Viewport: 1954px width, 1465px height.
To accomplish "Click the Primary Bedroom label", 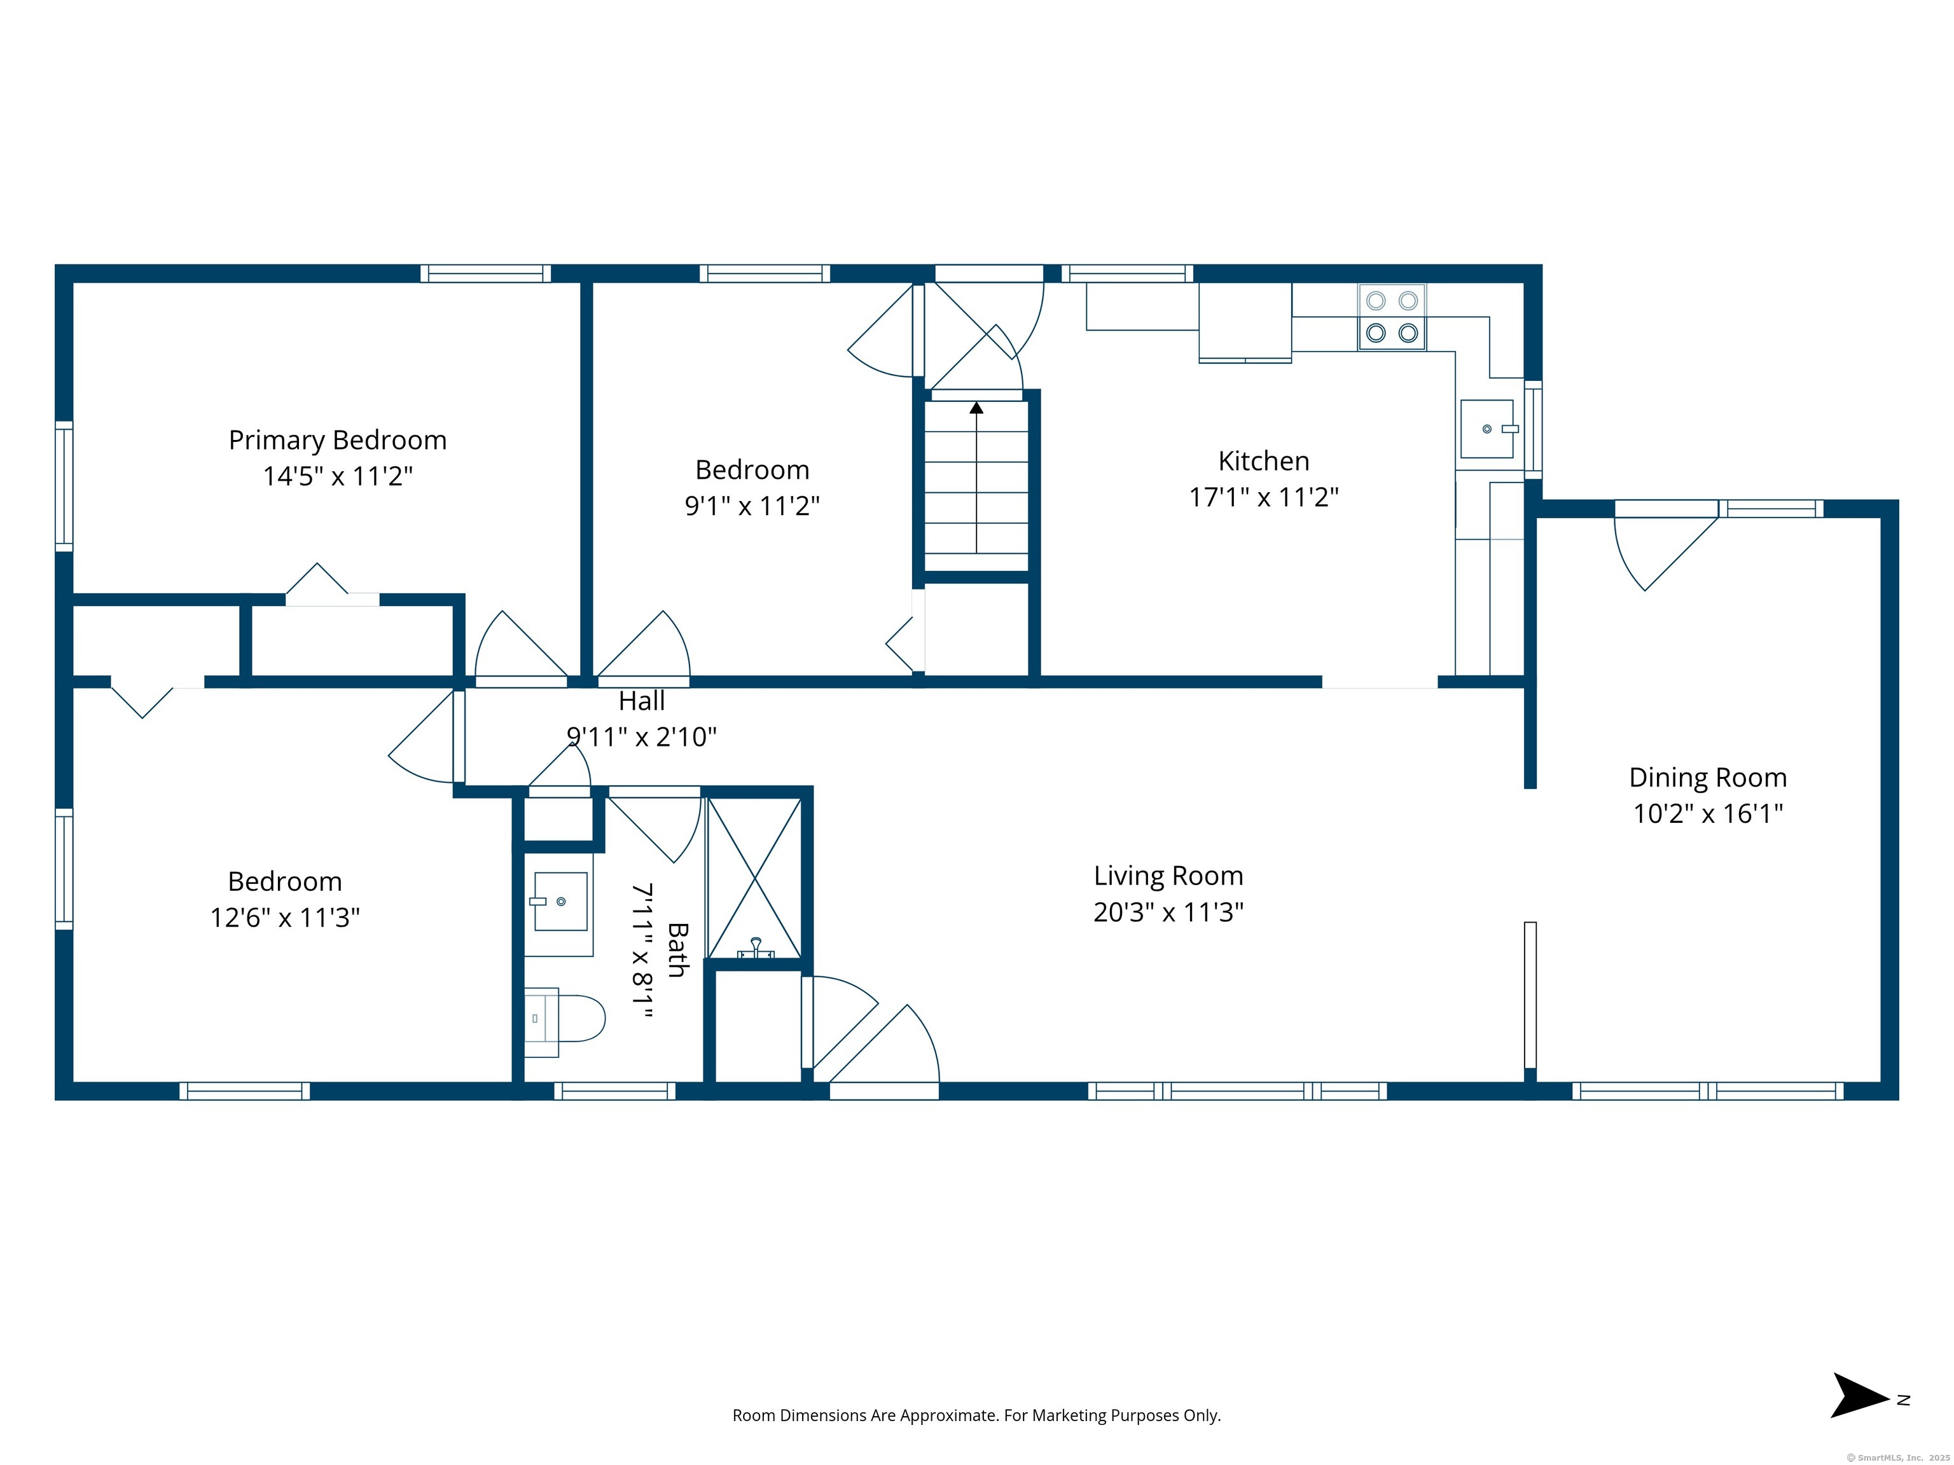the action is pos(338,441).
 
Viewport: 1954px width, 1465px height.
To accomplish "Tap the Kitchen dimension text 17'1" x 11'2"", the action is pos(1263,497).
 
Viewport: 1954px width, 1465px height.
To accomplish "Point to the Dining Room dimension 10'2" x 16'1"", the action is pos(1708,813).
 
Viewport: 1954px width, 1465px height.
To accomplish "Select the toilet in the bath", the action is pos(564,1022).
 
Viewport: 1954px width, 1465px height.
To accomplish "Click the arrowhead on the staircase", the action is pos(976,408).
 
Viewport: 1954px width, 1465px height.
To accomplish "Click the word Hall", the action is pos(641,701).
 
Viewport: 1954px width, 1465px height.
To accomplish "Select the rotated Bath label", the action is pos(677,949).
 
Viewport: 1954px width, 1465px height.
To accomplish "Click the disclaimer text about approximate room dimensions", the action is pos(976,1415).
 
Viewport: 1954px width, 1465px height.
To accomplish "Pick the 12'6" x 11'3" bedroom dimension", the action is pos(284,918).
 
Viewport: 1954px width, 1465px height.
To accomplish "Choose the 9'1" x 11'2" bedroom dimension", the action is pos(752,506).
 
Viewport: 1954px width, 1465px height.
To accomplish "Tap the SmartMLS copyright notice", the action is pos(1897,1458).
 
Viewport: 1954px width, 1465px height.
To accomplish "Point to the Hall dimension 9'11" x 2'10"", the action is pos(641,736).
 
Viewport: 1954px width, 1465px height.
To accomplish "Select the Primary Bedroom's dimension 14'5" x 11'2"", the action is pos(338,477).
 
